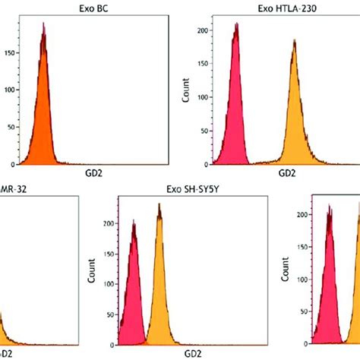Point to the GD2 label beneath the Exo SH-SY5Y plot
coord(175,354)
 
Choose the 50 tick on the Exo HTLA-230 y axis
coord(205,131)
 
